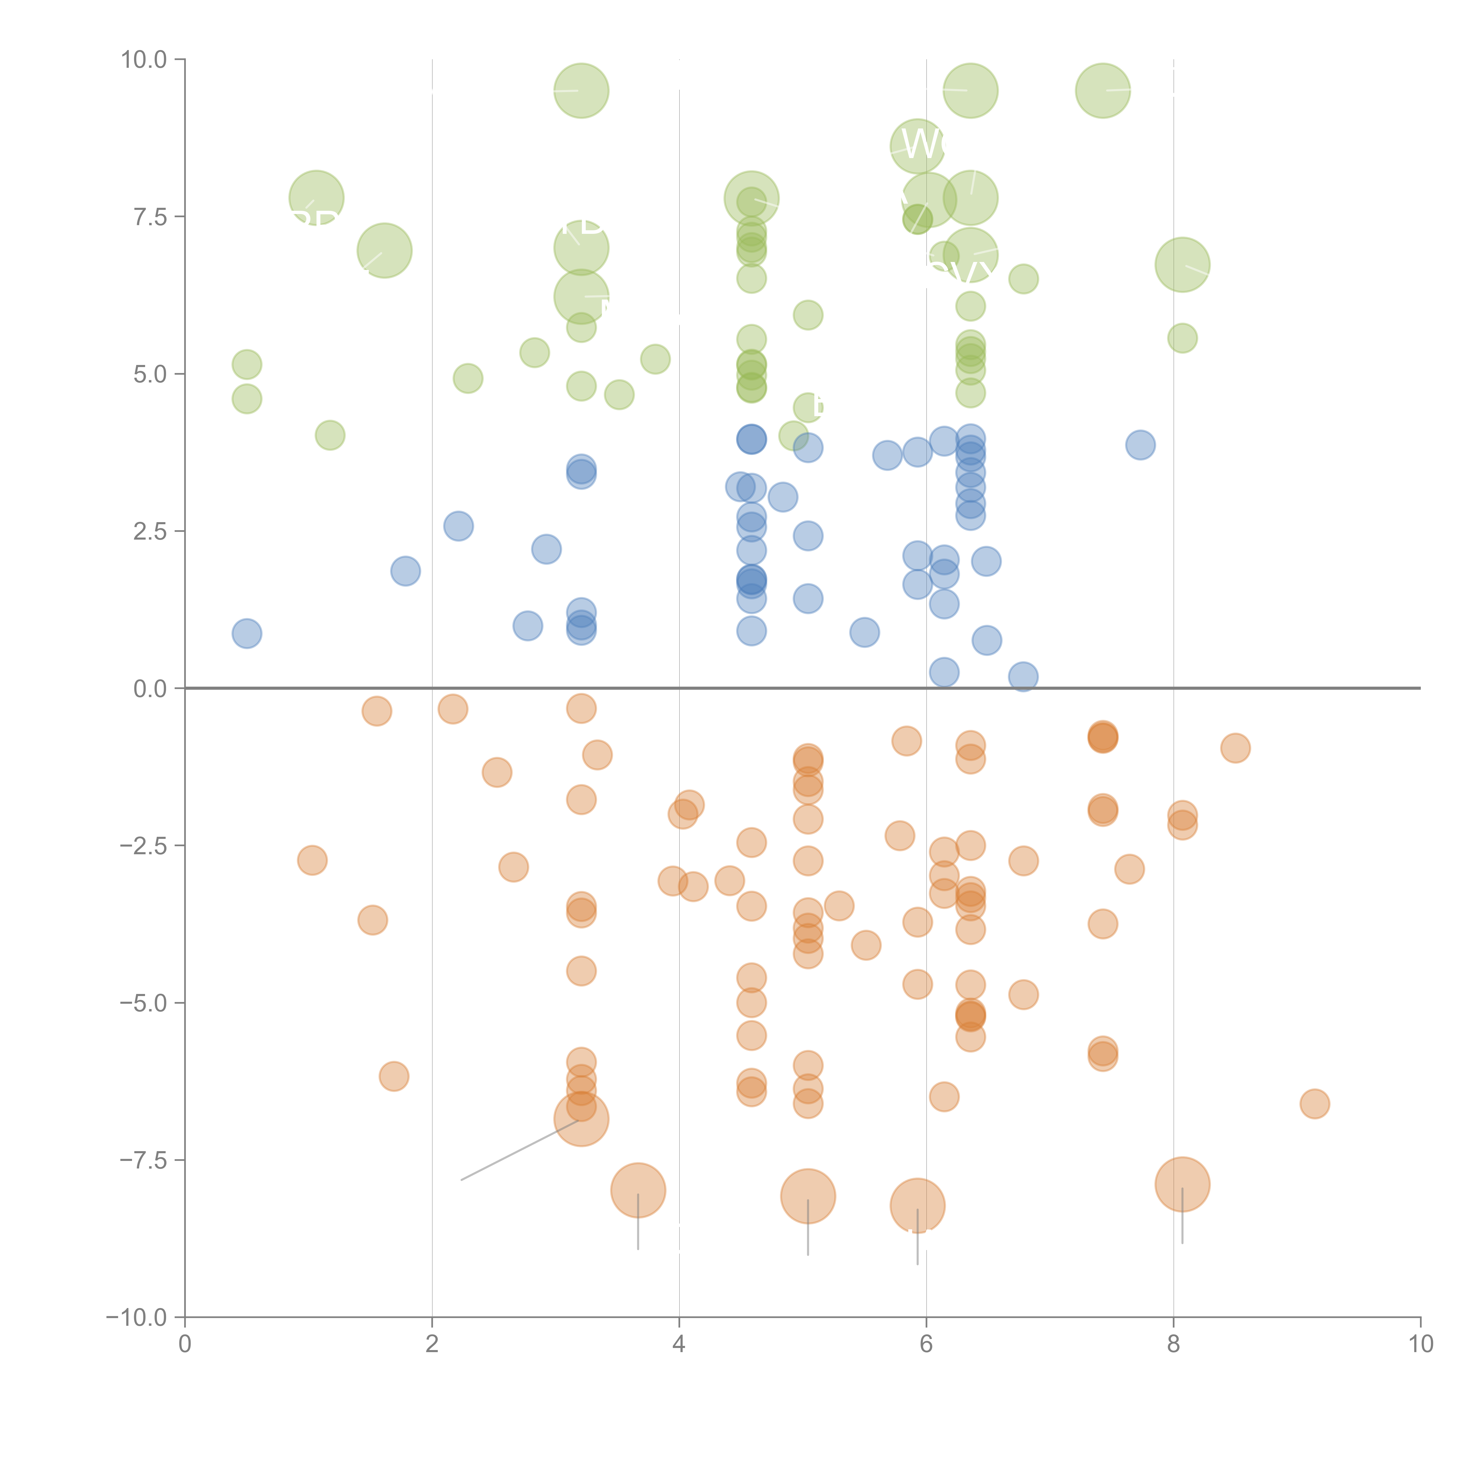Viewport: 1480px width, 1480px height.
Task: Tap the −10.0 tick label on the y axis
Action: point(136,1317)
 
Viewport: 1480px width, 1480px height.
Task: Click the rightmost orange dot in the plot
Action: point(1315,1104)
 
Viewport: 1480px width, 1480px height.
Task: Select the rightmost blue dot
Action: point(1140,445)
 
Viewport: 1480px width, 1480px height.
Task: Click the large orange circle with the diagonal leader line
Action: point(581,1119)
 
